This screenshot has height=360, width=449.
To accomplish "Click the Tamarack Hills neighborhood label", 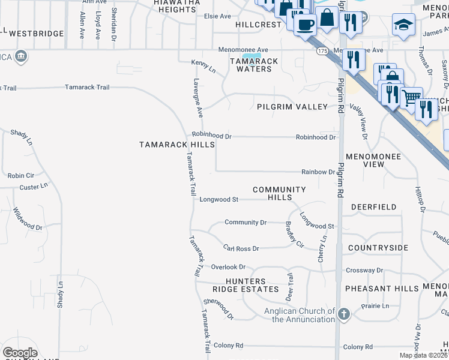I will (177, 145).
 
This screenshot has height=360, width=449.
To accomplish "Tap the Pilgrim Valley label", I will (292, 107).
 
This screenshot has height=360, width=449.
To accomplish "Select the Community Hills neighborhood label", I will (279, 193).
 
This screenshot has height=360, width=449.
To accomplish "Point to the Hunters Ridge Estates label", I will (253, 285).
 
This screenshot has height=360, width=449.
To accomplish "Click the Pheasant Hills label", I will (382, 289).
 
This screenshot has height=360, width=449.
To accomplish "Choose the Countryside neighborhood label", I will (378, 248).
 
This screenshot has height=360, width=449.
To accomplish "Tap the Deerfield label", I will (373, 207).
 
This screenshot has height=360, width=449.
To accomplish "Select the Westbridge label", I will (37, 34).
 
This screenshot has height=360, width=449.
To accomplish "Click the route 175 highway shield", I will (323, 52).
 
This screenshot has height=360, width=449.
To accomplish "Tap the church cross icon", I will (344, 314).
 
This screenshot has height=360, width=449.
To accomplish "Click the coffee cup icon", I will (305, 24).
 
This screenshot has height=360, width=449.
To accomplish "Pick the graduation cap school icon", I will (403, 26).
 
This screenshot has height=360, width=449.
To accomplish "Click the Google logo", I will (20, 353).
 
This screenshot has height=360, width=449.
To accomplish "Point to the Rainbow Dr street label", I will (318, 172).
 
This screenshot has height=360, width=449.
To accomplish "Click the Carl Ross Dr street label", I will (241, 248).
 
